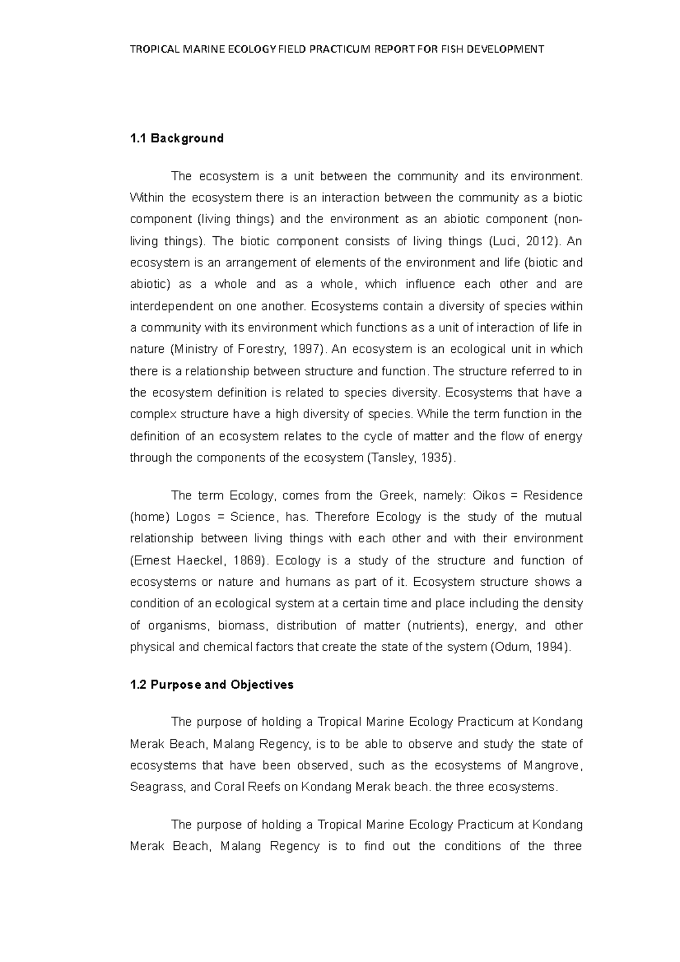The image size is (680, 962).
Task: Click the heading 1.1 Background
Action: [x=177, y=139]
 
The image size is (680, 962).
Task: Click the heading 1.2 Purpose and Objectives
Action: [x=211, y=684]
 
